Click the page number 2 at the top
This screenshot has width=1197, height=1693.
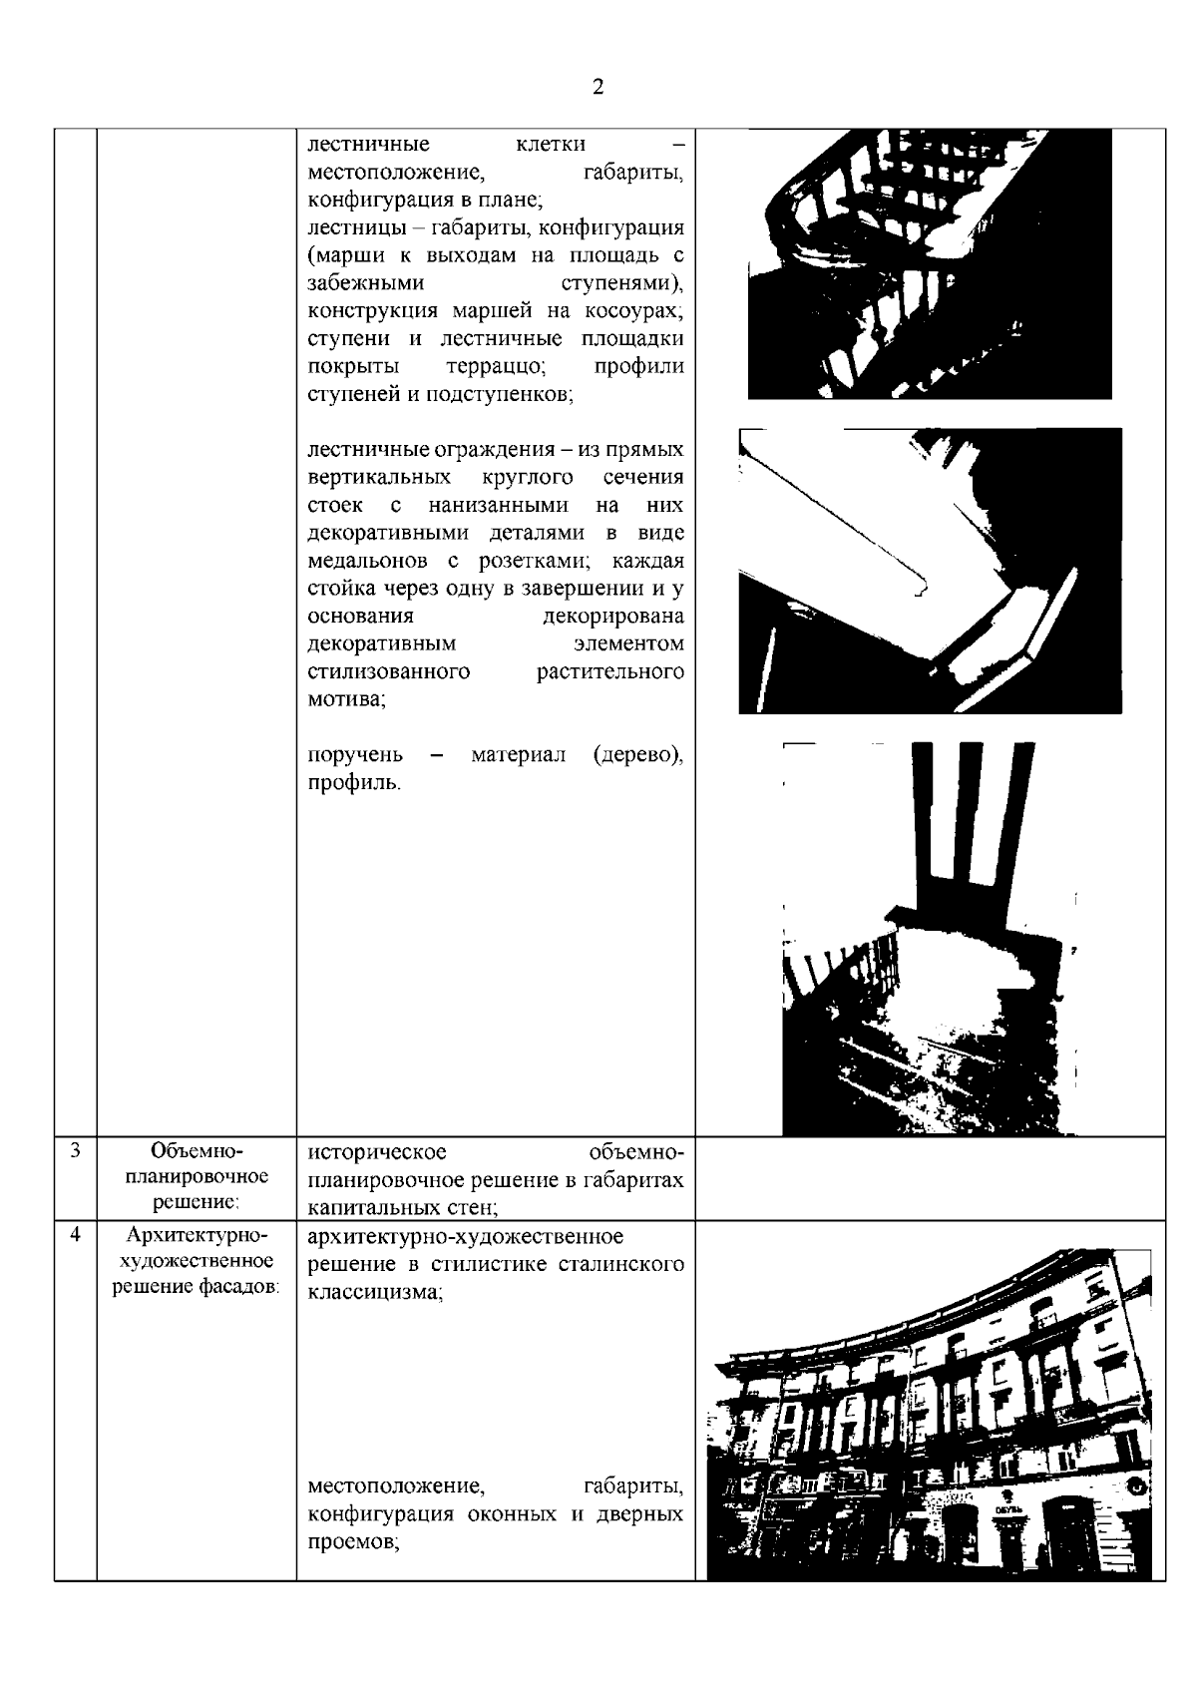pos(598,87)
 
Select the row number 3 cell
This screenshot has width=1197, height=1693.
pos(75,1149)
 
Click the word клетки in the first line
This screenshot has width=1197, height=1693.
pos(551,144)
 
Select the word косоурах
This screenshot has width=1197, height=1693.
pos(639,310)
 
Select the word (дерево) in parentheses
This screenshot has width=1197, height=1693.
pos(638,755)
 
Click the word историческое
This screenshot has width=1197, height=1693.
pos(377,1152)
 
